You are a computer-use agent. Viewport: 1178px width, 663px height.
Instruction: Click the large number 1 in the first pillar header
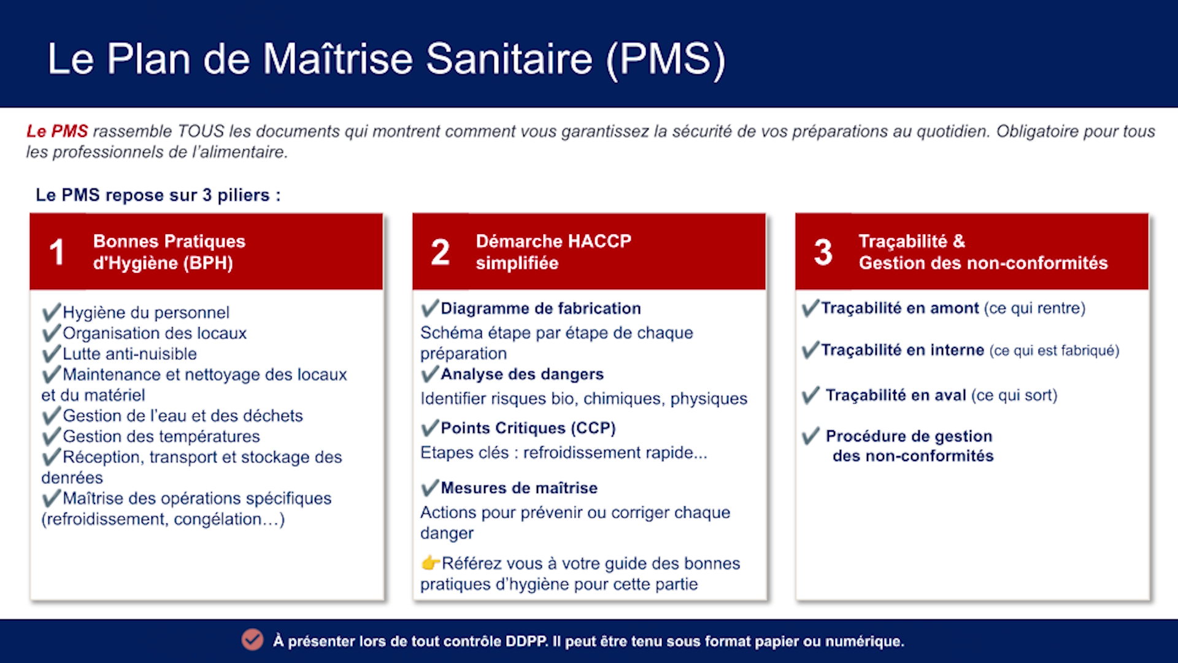tap(57, 252)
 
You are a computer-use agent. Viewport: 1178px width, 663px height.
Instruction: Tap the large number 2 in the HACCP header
tap(440, 252)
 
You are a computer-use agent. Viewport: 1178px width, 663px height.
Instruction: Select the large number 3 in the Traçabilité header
tap(823, 252)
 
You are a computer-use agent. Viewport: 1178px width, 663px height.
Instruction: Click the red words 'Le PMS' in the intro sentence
tap(57, 131)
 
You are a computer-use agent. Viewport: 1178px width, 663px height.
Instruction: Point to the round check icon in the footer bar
tap(252, 640)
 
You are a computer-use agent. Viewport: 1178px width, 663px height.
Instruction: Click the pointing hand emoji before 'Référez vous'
tap(431, 562)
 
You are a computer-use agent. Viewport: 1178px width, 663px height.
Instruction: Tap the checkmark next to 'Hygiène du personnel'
tap(52, 312)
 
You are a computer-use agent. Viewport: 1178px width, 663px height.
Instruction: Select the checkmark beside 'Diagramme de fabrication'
tap(430, 308)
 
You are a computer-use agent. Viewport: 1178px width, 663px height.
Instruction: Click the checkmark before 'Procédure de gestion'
tap(810, 436)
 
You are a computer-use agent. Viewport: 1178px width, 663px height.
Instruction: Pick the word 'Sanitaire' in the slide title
tap(509, 59)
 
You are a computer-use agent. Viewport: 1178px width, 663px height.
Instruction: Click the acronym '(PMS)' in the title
tap(666, 60)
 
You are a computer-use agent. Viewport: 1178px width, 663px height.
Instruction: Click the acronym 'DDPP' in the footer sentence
tap(526, 642)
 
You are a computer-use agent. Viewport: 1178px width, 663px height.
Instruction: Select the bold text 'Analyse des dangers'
tap(522, 374)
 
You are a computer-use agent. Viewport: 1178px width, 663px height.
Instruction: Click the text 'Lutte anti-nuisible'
tap(130, 354)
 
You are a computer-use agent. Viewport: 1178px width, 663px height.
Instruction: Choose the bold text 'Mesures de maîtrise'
tap(519, 488)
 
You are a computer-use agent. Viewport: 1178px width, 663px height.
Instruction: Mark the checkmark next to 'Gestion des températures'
tap(52, 436)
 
